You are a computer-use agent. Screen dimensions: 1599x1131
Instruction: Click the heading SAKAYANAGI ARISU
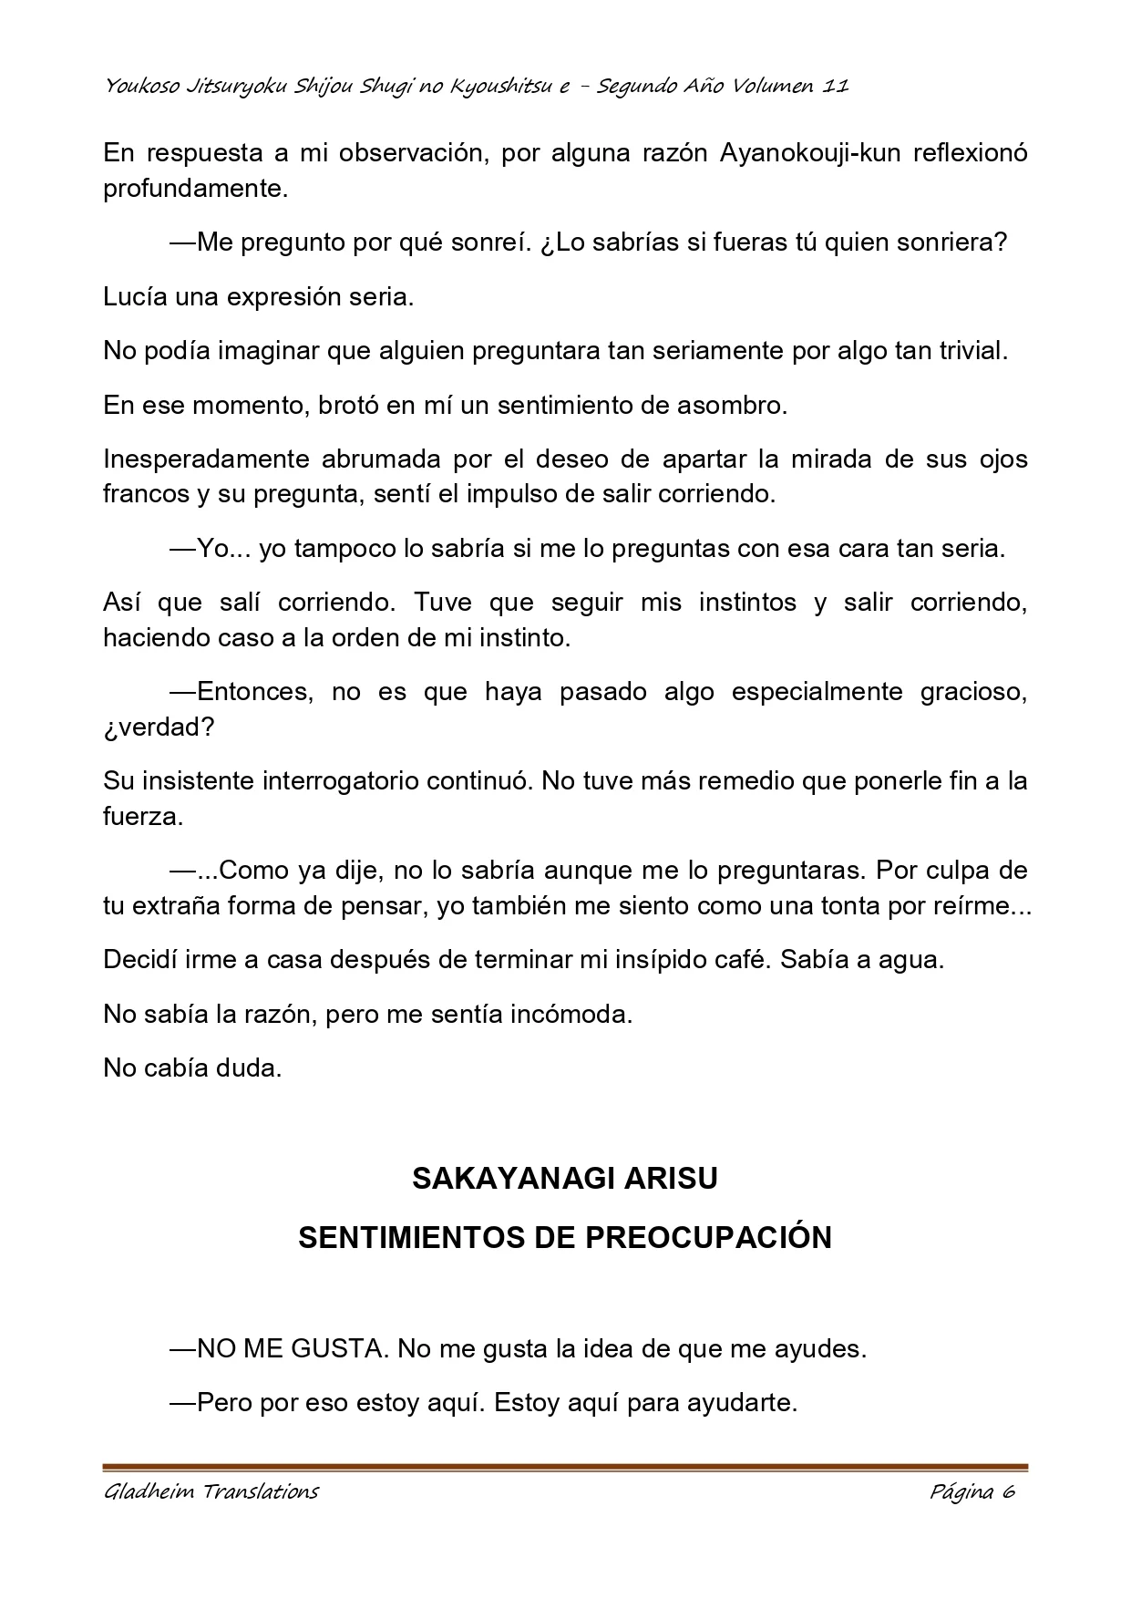tap(565, 1179)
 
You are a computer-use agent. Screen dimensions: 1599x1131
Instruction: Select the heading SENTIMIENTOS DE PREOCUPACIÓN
tap(565, 1238)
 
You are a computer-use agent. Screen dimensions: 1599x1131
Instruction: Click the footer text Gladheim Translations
tap(211, 1492)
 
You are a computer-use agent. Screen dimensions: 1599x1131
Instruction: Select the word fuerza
tap(142, 817)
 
